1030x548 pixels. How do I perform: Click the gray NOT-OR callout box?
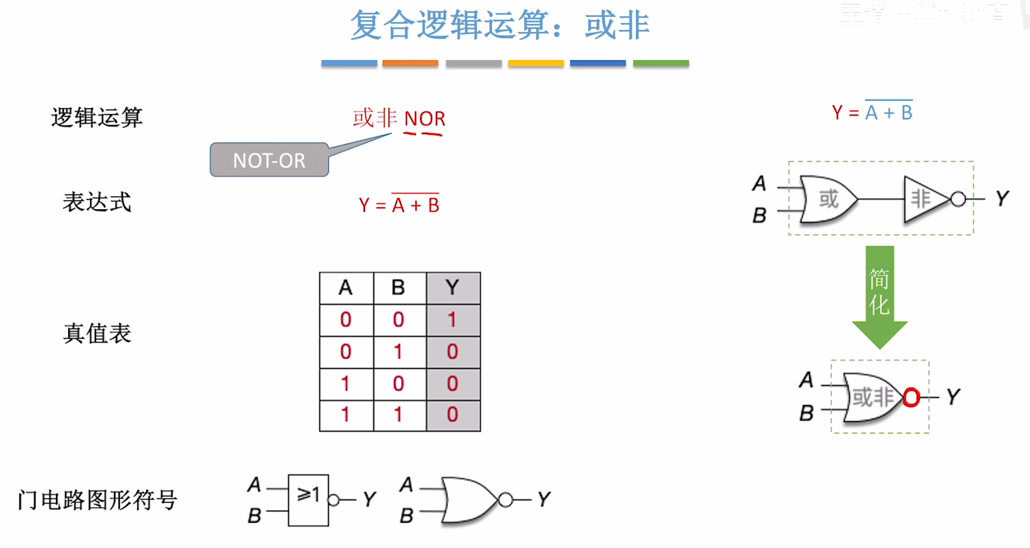coord(269,160)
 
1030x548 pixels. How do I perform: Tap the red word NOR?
coord(425,119)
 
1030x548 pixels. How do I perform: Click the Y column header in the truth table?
coord(453,288)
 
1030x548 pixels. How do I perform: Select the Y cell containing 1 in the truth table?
coord(453,320)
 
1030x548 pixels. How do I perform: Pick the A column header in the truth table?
coord(346,288)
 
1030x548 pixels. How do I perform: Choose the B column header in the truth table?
coord(398,288)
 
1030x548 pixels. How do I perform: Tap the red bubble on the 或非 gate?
coord(911,398)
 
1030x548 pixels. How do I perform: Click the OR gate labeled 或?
coord(828,200)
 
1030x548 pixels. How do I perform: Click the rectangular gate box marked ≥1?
coord(308,500)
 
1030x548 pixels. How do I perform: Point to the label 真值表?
coord(97,334)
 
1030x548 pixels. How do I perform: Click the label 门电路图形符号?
coord(97,500)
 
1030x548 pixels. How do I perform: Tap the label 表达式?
coord(97,202)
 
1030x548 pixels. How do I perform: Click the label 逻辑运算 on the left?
coord(97,118)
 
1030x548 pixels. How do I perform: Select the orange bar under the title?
coord(410,64)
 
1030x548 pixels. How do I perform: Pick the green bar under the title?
coord(660,64)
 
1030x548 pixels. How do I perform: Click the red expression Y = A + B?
coord(399,205)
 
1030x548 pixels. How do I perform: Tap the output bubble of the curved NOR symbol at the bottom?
coord(506,500)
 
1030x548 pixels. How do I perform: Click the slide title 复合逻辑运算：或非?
coord(500,26)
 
